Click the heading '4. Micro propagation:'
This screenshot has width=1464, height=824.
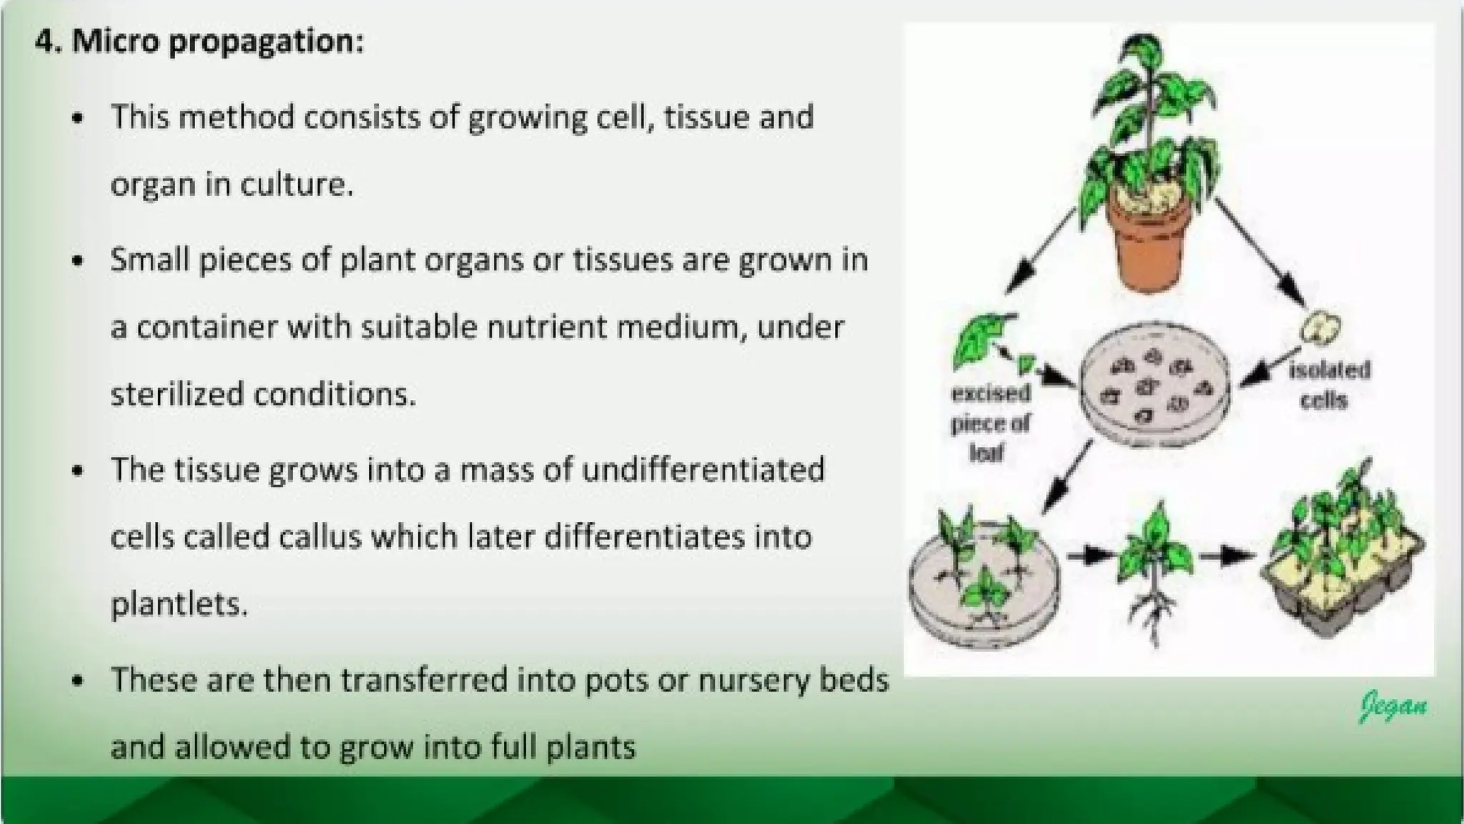(199, 41)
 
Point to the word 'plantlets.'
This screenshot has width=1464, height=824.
(179, 604)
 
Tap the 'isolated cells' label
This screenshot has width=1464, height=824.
(1328, 385)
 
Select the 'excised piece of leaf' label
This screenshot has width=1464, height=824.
(990, 422)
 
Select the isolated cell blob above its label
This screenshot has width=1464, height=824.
(1320, 328)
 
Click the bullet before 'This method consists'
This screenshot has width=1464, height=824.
(79, 117)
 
